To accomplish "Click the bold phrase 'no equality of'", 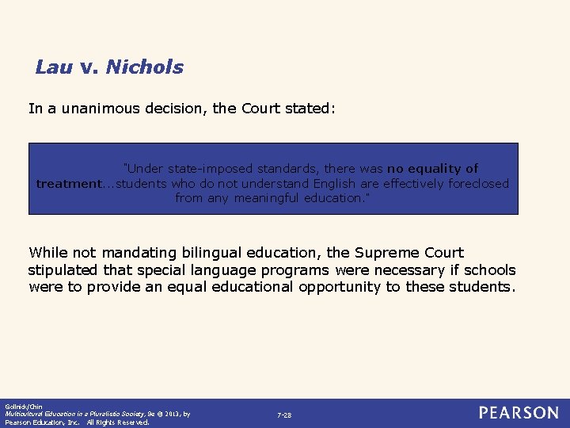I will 432,168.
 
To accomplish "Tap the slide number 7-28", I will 284,415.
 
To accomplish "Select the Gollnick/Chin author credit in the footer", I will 21,407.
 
